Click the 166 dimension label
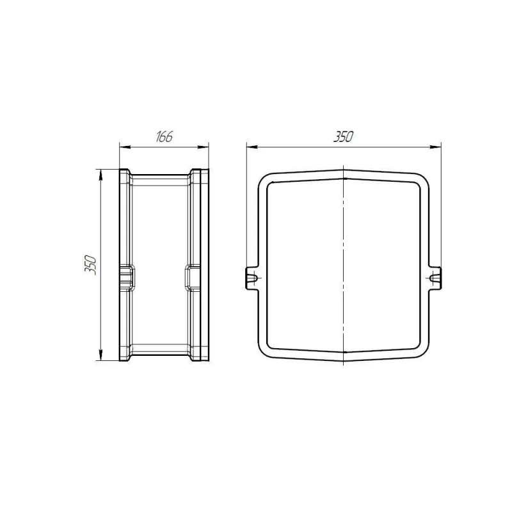click(164, 137)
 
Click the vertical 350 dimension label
click(90, 265)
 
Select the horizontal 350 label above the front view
click(344, 137)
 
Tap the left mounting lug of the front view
click(252, 278)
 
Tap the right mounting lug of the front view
click(435, 278)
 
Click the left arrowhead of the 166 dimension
click(125, 147)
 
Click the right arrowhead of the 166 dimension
click(203, 147)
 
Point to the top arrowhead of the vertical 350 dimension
click(101, 175)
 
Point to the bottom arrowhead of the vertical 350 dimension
click(101, 355)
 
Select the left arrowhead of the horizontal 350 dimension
click(252, 147)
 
